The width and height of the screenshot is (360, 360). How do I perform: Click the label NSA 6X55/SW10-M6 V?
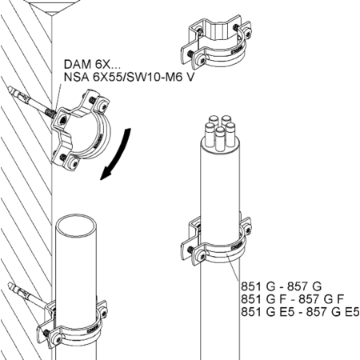tap(130, 77)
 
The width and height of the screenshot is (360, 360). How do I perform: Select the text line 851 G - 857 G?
tap(282, 286)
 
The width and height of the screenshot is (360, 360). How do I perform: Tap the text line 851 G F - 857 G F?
tap(293, 299)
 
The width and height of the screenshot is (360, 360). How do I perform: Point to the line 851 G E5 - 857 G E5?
tap(300, 312)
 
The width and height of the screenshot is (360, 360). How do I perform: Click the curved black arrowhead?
tap(106, 174)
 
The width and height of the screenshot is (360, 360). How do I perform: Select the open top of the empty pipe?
tap(76, 226)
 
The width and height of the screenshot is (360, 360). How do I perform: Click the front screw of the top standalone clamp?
tap(202, 60)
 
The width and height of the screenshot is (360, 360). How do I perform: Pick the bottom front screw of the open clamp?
tap(74, 163)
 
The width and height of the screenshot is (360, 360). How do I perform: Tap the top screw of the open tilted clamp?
tap(102, 106)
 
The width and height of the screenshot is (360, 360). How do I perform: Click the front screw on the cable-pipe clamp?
tap(202, 256)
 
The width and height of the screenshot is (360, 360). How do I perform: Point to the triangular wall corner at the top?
tap(53, 10)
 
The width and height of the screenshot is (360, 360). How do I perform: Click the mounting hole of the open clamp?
tap(63, 120)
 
